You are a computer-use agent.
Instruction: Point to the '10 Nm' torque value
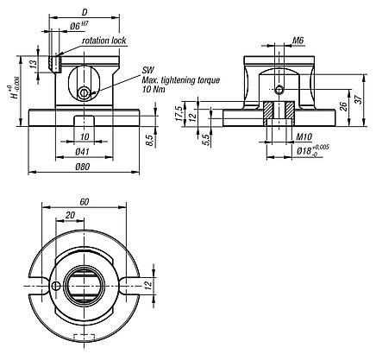pyautogui.click(x=154, y=89)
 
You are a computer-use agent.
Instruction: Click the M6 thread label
pyautogui.click(x=298, y=40)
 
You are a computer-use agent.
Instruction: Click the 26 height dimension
pyautogui.click(x=344, y=106)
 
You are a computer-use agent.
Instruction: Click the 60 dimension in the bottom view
pyautogui.click(x=83, y=201)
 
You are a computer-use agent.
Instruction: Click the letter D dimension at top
pyautogui.click(x=83, y=12)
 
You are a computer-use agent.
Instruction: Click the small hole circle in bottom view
pyautogui.click(x=55, y=286)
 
